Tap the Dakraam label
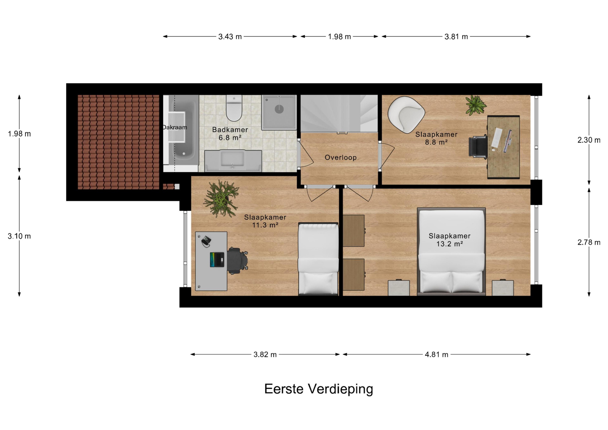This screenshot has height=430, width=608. (175, 127)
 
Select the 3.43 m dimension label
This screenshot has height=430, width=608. (230, 37)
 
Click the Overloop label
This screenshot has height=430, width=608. (341, 158)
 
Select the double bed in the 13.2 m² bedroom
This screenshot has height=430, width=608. (451, 251)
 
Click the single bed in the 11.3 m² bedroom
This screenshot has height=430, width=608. (318, 259)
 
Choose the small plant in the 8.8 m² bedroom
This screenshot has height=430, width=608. (476, 105)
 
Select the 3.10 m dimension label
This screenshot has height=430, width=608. (19, 236)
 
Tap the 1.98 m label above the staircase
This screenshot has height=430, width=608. (339, 37)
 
